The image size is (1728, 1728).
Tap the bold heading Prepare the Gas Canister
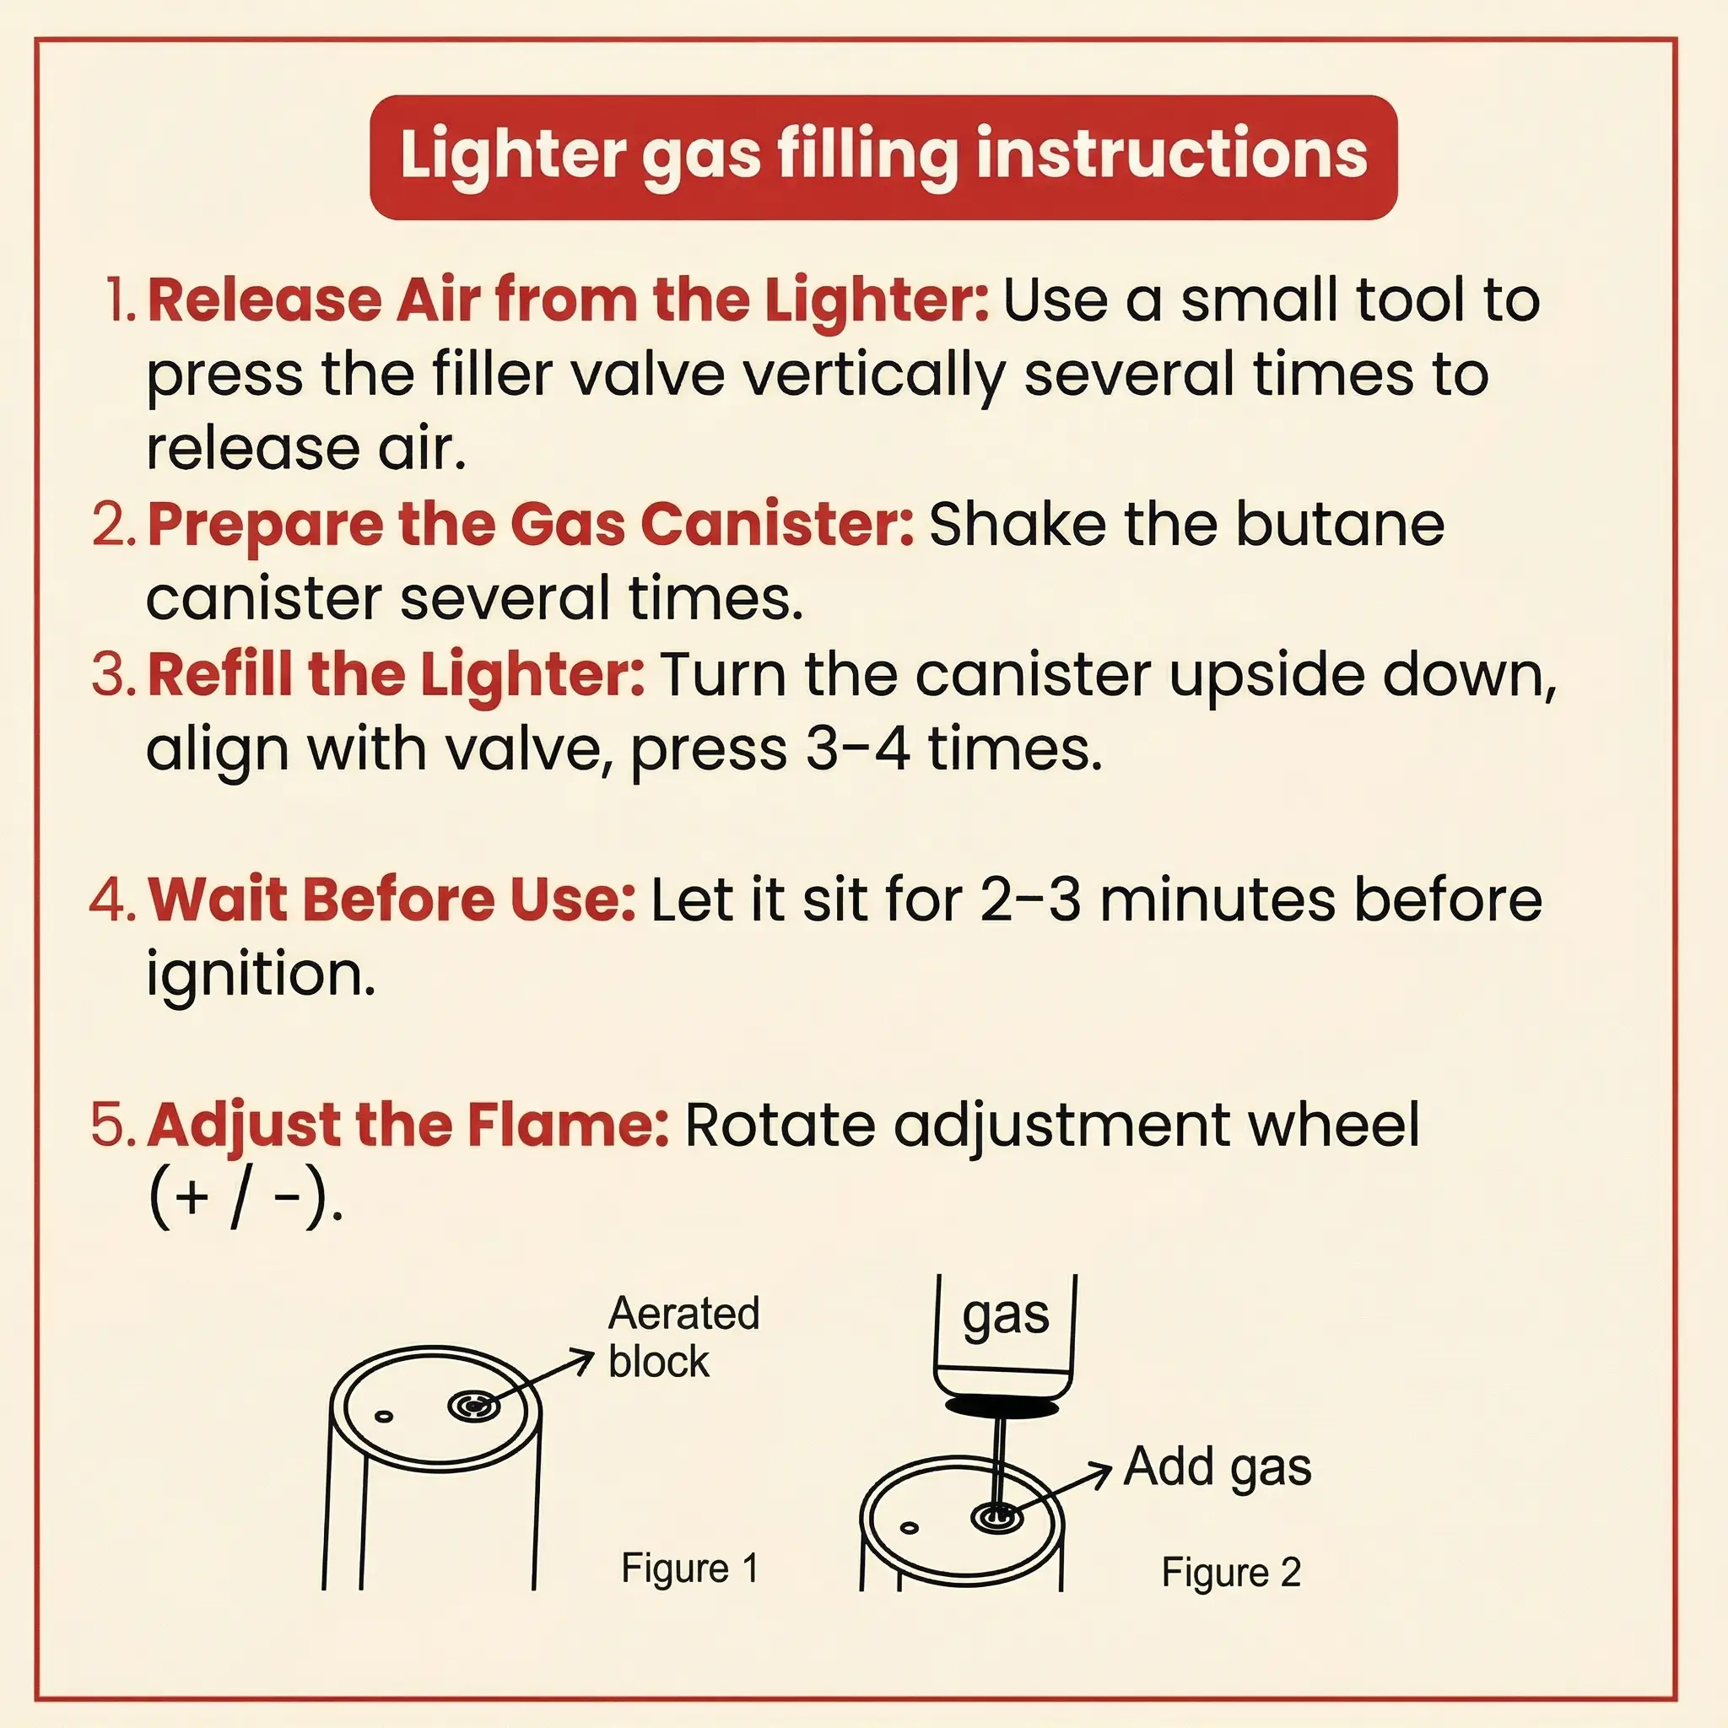coord(531,526)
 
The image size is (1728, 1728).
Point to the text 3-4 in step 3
coord(858,748)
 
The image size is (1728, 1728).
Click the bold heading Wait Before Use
coord(391,899)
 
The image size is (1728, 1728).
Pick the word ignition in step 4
coord(260,975)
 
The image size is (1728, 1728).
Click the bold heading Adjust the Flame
coord(408,1126)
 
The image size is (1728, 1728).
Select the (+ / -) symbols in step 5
coord(243,1201)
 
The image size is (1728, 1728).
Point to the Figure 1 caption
coord(689,1568)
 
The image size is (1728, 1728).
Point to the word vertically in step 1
coord(876,376)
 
